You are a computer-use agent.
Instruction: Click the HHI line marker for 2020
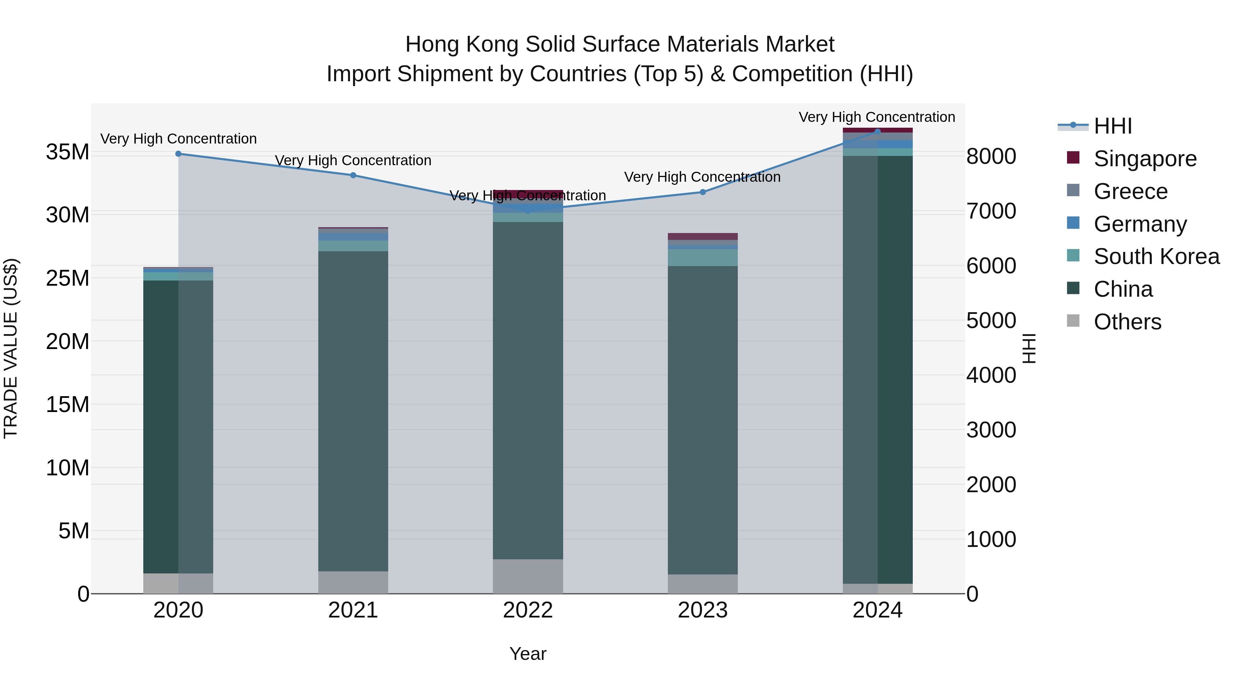click(x=178, y=154)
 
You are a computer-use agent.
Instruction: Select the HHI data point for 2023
click(x=702, y=192)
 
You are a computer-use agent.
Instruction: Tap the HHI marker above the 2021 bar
click(x=353, y=175)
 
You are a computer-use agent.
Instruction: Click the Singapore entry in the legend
click(x=1145, y=159)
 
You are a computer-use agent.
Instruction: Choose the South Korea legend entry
click(x=1156, y=256)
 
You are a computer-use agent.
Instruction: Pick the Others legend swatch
click(x=1073, y=321)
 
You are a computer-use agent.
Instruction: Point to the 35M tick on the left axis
click(x=68, y=152)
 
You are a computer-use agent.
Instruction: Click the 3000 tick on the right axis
click(x=991, y=430)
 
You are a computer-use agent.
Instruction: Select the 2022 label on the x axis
click(x=528, y=610)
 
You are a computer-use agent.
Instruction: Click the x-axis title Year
click(x=528, y=654)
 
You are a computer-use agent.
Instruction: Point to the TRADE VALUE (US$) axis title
click(x=11, y=348)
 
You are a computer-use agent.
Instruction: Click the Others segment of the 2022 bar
click(x=528, y=576)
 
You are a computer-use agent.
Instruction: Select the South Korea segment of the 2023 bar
click(x=702, y=258)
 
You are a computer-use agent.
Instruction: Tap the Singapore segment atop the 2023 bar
click(x=702, y=236)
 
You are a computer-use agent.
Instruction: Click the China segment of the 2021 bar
click(x=353, y=411)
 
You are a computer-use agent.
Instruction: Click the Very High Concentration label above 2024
click(x=877, y=117)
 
